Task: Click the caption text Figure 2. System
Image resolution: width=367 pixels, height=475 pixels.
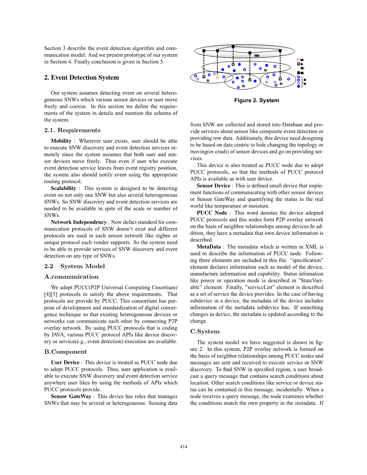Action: pos(256,101)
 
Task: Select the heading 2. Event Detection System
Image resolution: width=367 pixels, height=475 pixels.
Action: pos(81,77)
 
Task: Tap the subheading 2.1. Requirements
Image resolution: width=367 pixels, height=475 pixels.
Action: pos(72,130)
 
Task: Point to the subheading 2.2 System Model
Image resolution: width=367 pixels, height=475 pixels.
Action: pos(74,266)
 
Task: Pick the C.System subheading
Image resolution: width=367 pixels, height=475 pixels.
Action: pos(205,332)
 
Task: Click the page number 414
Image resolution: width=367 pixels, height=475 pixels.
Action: pos(183,446)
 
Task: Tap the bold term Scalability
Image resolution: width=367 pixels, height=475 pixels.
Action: pos(63,189)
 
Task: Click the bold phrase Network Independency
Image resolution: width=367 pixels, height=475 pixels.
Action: pos(79,222)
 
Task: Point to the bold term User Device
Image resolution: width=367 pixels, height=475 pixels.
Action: pos(65,362)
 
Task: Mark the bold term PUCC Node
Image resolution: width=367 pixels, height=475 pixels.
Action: pos(212,213)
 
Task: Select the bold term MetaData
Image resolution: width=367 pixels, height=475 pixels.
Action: pos(209,247)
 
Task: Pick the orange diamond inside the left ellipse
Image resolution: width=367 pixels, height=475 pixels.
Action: pos(217,77)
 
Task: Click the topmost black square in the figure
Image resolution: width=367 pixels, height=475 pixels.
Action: pos(233,47)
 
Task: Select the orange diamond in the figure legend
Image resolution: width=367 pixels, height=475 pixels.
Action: pos(298,59)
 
